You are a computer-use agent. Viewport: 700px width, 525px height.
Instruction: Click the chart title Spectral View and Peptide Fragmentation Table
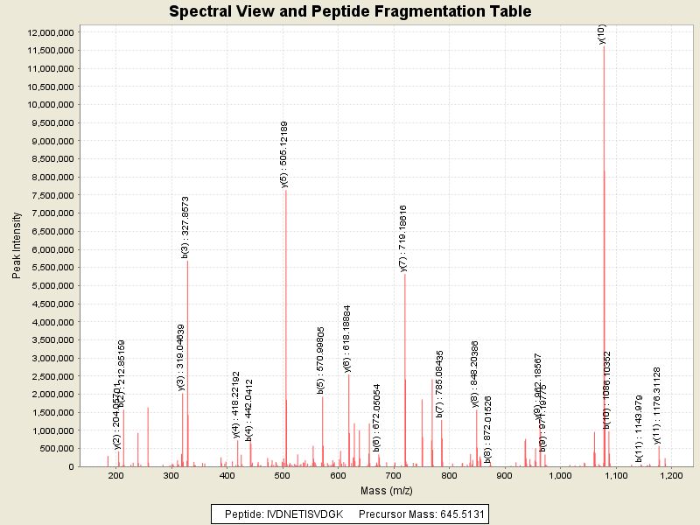click(x=350, y=11)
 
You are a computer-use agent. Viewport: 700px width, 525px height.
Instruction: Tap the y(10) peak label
click(x=601, y=34)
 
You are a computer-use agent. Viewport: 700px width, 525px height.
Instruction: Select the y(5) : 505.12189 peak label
click(x=283, y=154)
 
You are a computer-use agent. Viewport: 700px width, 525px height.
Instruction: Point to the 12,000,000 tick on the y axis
click(x=52, y=32)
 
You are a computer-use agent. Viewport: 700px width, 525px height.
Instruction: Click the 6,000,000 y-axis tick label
click(x=54, y=250)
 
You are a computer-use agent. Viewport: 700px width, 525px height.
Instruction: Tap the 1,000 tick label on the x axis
click(x=560, y=476)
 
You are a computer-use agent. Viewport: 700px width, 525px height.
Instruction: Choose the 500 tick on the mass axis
click(x=283, y=476)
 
